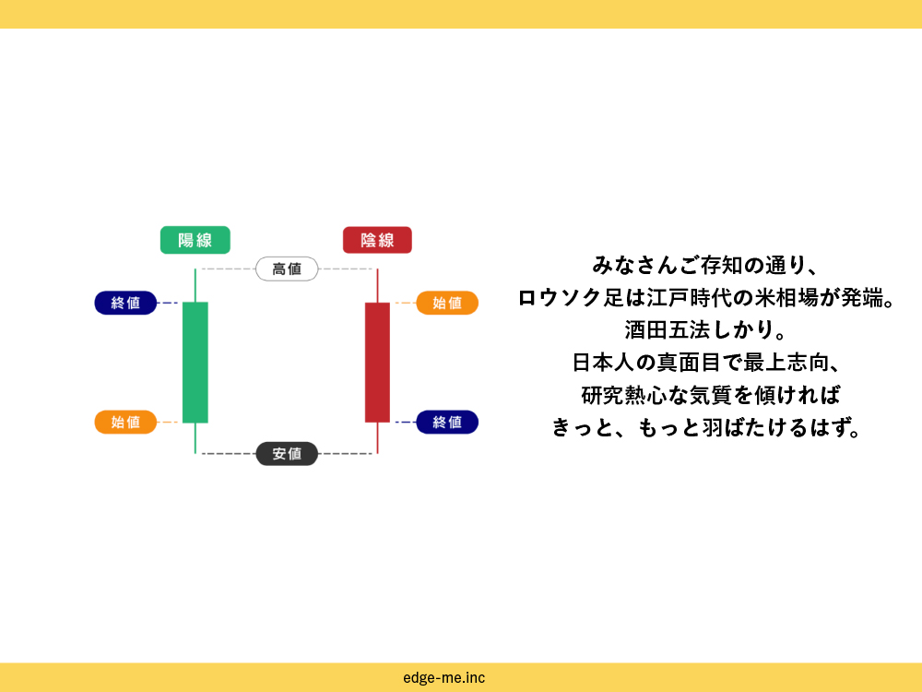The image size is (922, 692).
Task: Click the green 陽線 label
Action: click(x=195, y=240)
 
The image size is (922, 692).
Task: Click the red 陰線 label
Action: click(x=377, y=240)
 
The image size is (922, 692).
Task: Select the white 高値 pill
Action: click(x=287, y=268)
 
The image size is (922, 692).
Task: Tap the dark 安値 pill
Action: click(x=287, y=454)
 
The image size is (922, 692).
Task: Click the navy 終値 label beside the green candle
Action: click(x=125, y=303)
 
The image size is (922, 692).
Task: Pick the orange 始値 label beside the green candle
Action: click(x=125, y=422)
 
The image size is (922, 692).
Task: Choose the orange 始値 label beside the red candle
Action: click(x=447, y=303)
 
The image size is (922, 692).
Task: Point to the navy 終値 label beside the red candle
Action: click(x=447, y=422)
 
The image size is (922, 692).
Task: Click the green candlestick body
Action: click(x=195, y=363)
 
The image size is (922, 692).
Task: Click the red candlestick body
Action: click(x=377, y=363)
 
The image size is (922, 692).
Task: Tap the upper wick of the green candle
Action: click(x=195, y=285)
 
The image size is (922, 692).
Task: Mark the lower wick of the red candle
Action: click(x=377, y=438)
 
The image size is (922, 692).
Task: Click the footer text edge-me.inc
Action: click(x=444, y=678)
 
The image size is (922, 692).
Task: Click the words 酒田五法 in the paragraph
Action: click(x=668, y=330)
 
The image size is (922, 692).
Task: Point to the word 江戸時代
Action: click(x=690, y=298)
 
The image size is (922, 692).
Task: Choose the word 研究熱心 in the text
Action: click(x=624, y=395)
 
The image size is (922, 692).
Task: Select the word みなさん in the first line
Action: click(x=635, y=266)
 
